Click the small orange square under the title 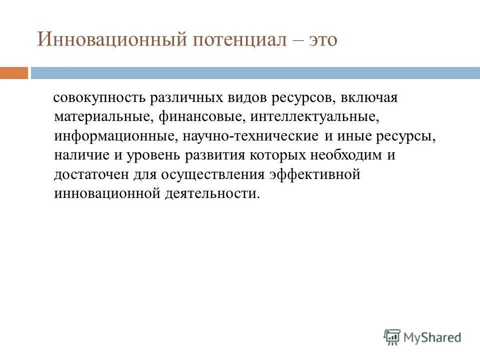coord(14,73)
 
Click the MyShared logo coord(422,337)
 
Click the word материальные coord(103,117)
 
